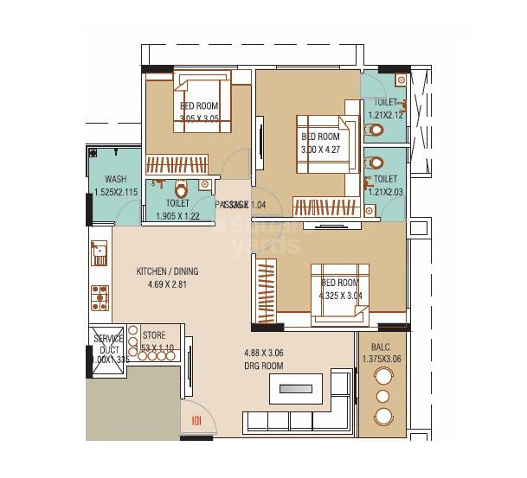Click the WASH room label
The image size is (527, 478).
pyautogui.click(x=103, y=179)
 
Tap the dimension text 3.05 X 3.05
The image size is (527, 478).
pyautogui.click(x=199, y=118)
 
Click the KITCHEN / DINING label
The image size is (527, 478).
pyautogui.click(x=166, y=271)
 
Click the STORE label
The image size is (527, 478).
pyautogui.click(x=154, y=335)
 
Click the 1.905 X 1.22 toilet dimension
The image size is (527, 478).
pyautogui.click(x=177, y=216)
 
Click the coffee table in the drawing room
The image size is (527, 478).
pyautogui.click(x=299, y=388)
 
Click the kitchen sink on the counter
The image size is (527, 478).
pyautogui.click(x=99, y=254)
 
